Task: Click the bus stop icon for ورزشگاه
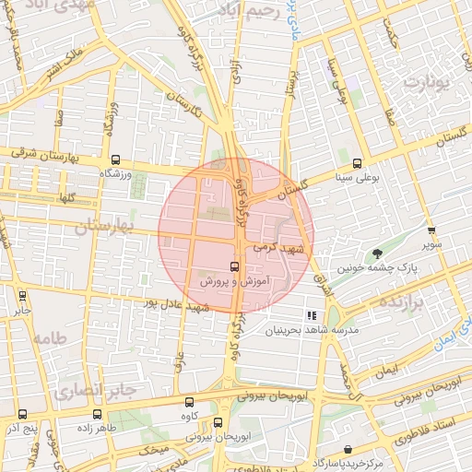pyautogui.click(x=114, y=160)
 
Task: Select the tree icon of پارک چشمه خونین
pyautogui.click(x=376, y=254)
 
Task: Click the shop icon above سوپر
pyautogui.click(x=431, y=230)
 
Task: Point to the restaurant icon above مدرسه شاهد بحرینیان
pyautogui.click(x=324, y=315)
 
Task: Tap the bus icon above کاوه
pyautogui.click(x=190, y=402)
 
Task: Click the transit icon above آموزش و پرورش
pyautogui.click(x=233, y=265)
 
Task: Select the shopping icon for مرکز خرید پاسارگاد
pyautogui.click(x=347, y=449)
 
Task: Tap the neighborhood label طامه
pyautogui.click(x=50, y=338)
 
